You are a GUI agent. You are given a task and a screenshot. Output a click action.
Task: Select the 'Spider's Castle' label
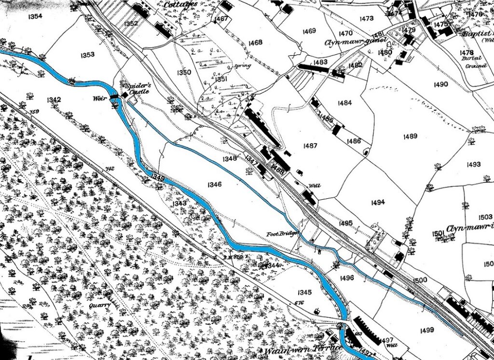(130, 86)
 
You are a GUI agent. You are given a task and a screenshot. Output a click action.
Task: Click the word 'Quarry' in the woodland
(100, 305)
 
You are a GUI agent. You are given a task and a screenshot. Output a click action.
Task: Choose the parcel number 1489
(410, 136)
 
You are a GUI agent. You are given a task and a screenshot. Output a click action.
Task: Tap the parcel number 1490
(440, 84)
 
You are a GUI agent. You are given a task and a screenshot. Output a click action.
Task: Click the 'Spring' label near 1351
(243, 66)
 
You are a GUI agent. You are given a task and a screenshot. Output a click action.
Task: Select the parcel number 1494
(378, 202)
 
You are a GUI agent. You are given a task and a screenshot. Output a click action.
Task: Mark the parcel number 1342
(54, 100)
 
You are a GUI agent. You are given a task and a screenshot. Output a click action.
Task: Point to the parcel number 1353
(87, 55)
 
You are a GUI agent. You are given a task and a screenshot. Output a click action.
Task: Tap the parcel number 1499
(427, 330)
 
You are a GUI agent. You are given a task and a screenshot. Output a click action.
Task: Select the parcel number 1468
(255, 42)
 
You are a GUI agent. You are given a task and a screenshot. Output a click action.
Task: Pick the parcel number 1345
(304, 292)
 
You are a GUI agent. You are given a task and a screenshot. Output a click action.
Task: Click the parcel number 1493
(474, 165)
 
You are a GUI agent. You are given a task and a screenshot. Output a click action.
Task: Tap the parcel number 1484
(345, 103)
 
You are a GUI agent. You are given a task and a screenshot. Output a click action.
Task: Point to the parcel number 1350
(184, 72)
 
